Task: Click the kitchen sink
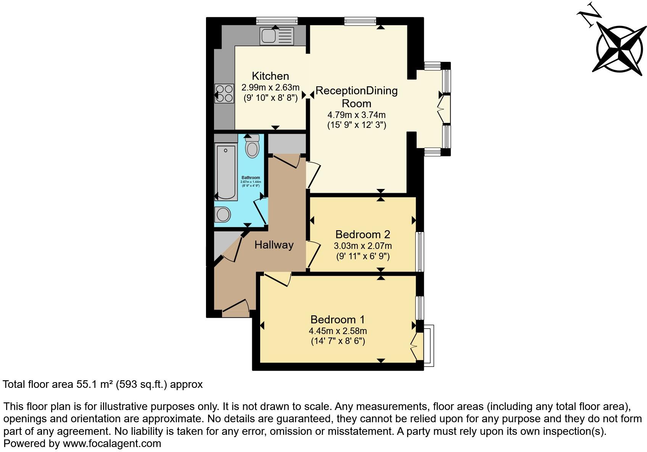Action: pyautogui.click(x=277, y=36)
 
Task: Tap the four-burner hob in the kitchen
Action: pyautogui.click(x=224, y=94)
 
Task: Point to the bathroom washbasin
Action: pyautogui.click(x=222, y=215)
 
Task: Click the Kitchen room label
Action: pyautogui.click(x=270, y=76)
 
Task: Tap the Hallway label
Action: pyautogui.click(x=274, y=245)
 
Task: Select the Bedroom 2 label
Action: pyautogui.click(x=362, y=234)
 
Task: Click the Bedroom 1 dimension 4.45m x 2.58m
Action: pyautogui.click(x=338, y=331)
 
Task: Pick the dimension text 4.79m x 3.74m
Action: pyautogui.click(x=356, y=115)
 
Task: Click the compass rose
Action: pyautogui.click(x=620, y=49)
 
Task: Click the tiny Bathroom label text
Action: pyautogui.click(x=251, y=178)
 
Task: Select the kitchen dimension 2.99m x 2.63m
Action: pyautogui.click(x=270, y=87)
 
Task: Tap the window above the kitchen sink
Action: pyautogui.click(x=277, y=21)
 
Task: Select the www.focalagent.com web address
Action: pyautogui.click(x=112, y=444)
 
